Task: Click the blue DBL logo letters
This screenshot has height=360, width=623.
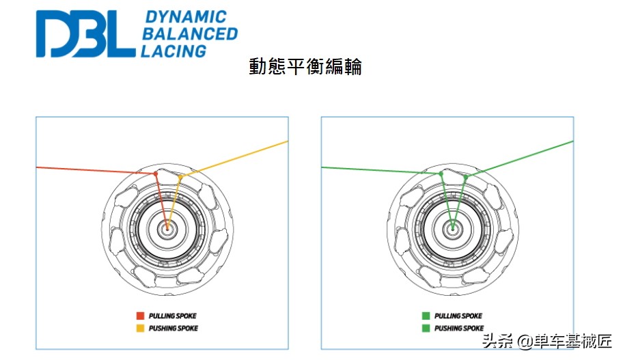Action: pos(85,33)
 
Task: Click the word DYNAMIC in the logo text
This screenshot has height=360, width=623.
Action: pos(186,16)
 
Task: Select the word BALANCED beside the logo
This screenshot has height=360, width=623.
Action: pos(190,33)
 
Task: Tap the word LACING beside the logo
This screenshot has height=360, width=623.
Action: pos(174,51)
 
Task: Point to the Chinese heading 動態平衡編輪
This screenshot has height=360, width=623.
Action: pos(305,66)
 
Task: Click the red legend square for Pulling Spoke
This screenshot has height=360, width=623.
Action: pos(140,316)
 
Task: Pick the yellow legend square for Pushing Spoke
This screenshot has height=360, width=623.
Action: pos(140,328)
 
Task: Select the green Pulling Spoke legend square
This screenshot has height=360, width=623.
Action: pos(426,316)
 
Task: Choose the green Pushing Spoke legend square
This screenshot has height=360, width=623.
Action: pos(426,328)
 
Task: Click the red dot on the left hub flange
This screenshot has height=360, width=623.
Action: pos(156,174)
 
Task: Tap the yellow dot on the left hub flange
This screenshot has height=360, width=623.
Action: pos(180,177)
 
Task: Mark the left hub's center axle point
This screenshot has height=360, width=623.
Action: pos(167,228)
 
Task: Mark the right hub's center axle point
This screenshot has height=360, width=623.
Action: pos(452,228)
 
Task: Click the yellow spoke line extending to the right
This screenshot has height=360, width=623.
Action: pos(234,159)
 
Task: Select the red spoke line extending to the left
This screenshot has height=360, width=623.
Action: pos(96,171)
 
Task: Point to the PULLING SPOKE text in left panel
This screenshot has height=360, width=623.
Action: pos(172,316)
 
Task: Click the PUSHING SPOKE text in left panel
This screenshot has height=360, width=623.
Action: pos(174,328)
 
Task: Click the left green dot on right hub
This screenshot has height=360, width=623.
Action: pos(441,174)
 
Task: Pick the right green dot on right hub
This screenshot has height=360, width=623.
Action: pos(466,177)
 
